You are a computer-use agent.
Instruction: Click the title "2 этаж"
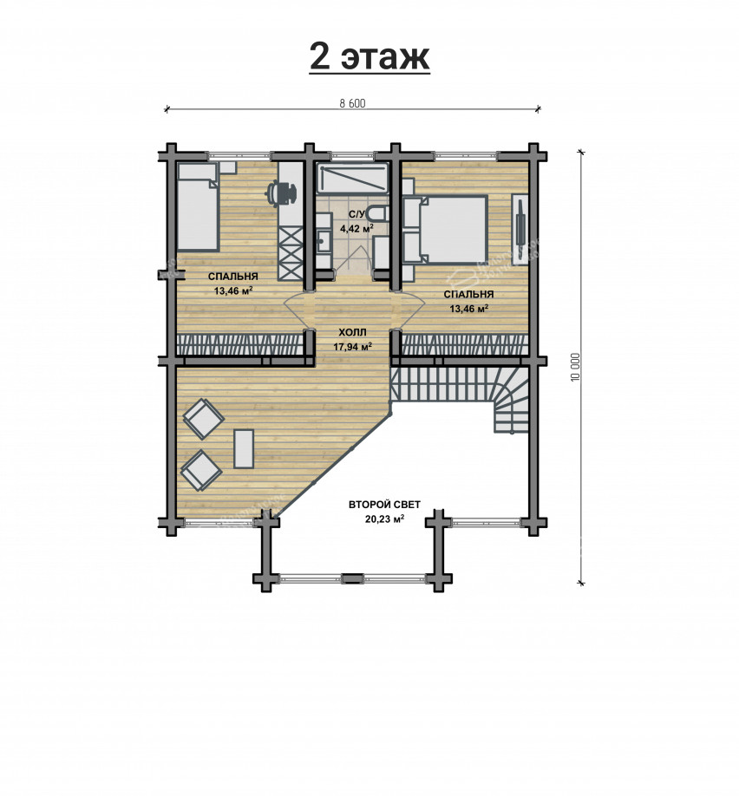point(369,56)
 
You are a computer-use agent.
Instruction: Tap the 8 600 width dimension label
point(352,103)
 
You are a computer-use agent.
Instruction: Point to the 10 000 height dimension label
point(575,367)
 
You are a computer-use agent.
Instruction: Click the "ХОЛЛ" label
point(352,333)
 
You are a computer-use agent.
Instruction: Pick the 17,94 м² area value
point(352,347)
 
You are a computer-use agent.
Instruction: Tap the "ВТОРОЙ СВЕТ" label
point(384,506)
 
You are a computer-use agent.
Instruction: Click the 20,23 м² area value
point(384,519)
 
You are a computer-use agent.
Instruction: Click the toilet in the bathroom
point(378,213)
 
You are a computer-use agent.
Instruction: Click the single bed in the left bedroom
point(197,206)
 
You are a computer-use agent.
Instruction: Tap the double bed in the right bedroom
point(446,228)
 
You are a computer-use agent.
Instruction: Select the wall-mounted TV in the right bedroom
point(520,228)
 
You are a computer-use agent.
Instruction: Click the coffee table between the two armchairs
point(244,449)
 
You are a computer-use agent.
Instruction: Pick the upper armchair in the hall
point(204,418)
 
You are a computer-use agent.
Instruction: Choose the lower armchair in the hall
point(201,470)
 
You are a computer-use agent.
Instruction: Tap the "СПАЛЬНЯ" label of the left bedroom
point(233,277)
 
